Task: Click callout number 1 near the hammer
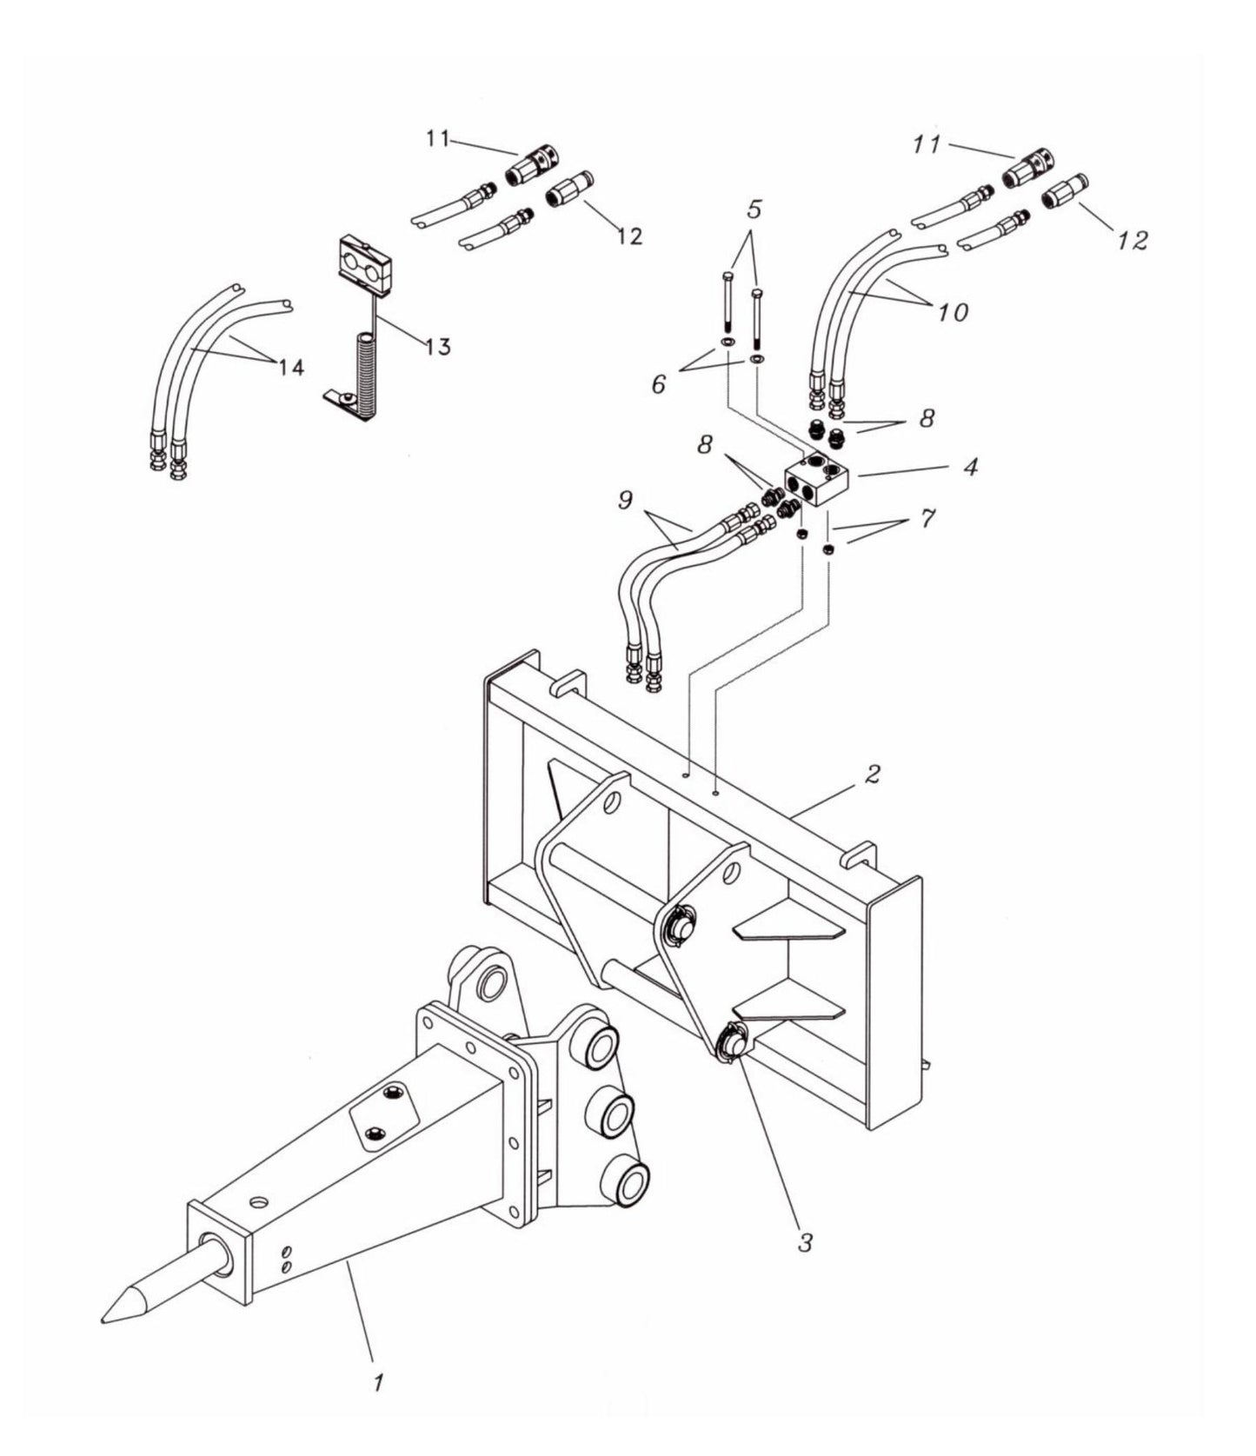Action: [377, 1382]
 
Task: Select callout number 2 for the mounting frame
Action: [874, 773]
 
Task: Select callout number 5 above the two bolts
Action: [754, 209]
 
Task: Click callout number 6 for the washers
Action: [659, 382]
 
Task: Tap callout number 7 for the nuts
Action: [927, 519]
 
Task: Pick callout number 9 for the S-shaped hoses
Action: [627, 499]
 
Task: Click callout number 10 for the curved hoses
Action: [953, 312]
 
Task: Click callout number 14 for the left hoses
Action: [291, 368]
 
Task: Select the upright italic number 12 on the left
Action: [629, 236]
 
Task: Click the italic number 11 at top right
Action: [927, 145]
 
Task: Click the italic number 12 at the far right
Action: [1132, 240]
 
